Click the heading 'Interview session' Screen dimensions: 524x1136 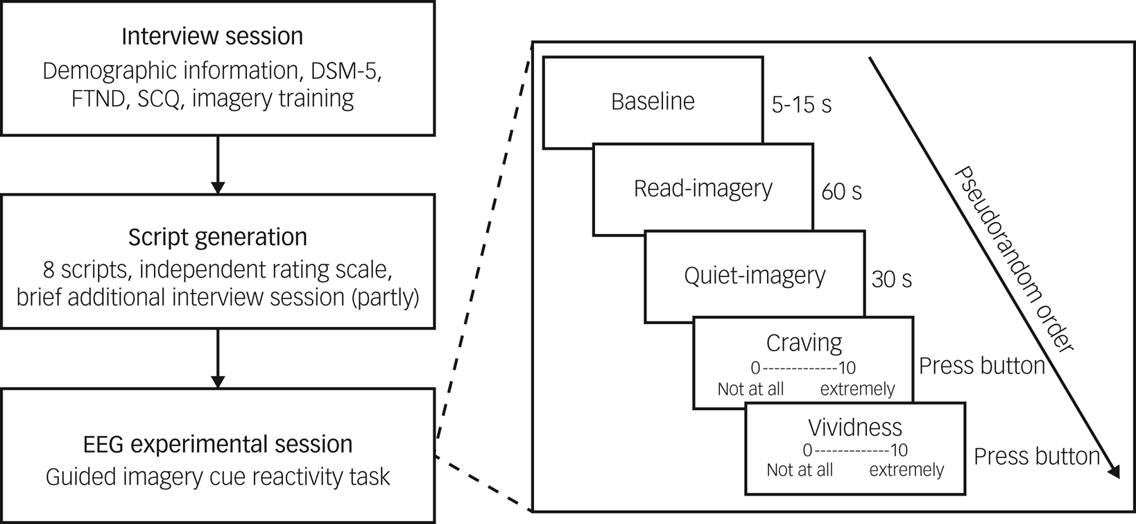point(212,36)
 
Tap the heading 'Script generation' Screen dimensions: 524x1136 point(217,237)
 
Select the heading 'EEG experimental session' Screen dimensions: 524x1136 point(218,444)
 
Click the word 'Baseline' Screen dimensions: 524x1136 point(653,102)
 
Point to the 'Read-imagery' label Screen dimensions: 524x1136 point(703,189)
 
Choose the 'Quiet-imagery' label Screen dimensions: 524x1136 point(755,276)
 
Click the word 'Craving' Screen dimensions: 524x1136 point(804,343)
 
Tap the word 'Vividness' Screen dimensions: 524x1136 point(854,428)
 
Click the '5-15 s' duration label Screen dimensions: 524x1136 point(801,105)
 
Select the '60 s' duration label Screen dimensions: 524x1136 point(841,192)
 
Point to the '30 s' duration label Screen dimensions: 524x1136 point(891,279)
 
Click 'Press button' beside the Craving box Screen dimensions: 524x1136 point(981,366)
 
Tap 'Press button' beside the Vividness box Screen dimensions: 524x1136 point(1037,456)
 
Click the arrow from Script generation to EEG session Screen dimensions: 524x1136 point(218,358)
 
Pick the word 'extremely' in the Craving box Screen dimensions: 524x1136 point(857,389)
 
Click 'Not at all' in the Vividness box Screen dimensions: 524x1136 point(799,471)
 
